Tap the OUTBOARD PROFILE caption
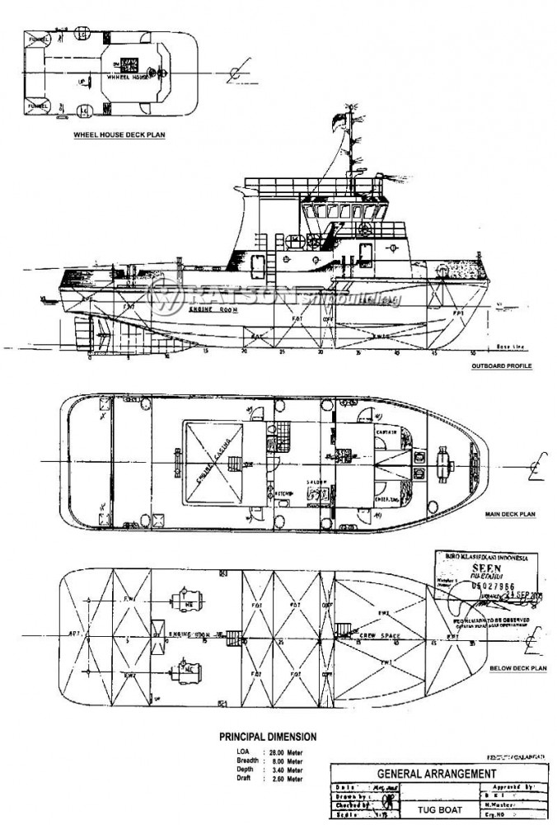pos(500,365)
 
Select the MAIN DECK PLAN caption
pos(510,514)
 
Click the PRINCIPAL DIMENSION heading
pos(267,736)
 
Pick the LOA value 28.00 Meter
pos(284,752)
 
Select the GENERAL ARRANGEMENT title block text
pos(436,774)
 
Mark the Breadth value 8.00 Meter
pos(284,761)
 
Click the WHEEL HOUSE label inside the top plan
pos(132,74)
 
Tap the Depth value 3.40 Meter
pos(284,771)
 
